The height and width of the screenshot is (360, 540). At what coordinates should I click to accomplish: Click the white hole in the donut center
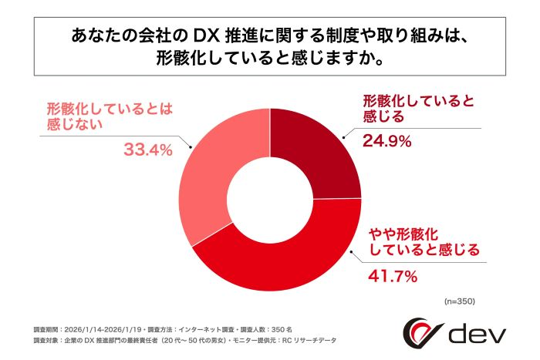269,198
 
